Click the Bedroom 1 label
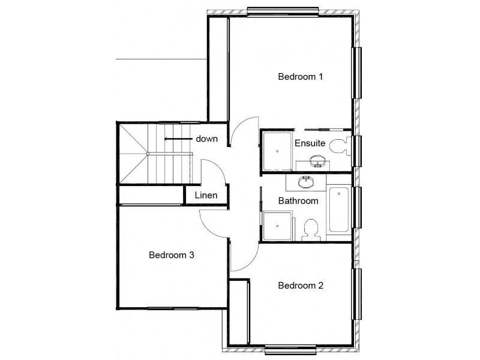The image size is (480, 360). click(301, 77)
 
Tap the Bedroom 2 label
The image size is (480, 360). click(301, 286)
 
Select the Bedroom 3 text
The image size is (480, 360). click(171, 255)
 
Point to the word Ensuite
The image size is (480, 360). click(310, 144)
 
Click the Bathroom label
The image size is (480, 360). click(298, 200)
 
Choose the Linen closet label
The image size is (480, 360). click(206, 196)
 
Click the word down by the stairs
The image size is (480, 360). click(206, 139)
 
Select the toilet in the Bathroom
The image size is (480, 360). click(311, 228)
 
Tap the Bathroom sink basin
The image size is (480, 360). click(307, 181)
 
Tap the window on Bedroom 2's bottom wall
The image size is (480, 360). click(290, 350)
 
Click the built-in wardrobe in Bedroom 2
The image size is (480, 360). click(240, 312)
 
